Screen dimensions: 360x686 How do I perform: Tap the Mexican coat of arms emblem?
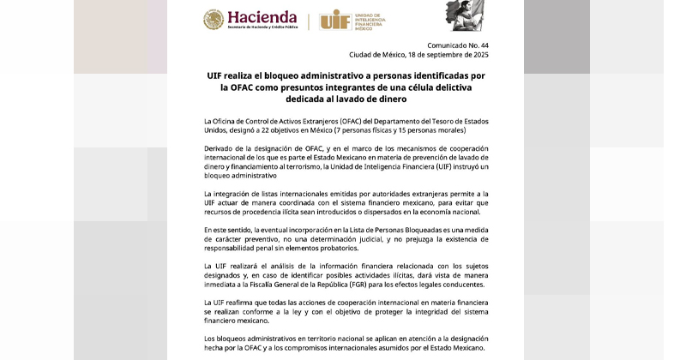click(214, 20)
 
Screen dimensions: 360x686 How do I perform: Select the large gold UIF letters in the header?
click(334, 20)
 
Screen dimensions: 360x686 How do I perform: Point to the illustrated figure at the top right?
click(462, 15)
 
